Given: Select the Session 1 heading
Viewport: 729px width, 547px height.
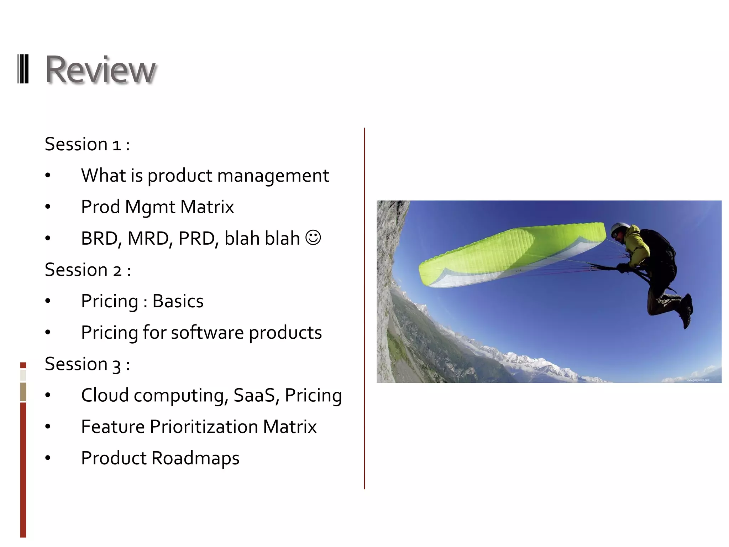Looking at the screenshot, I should (x=87, y=144).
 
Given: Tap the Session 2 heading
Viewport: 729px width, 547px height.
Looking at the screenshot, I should (x=88, y=270).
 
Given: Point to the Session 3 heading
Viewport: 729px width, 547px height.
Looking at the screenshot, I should (x=87, y=364).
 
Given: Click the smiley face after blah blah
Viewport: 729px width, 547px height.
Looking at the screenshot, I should (x=313, y=238).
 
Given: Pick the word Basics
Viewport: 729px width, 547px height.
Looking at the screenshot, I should (x=178, y=301).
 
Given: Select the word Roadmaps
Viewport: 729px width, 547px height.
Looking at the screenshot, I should (x=195, y=458).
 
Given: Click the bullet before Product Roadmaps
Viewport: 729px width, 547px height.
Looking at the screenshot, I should (x=48, y=458).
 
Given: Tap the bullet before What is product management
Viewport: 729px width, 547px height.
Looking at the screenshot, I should (x=48, y=176).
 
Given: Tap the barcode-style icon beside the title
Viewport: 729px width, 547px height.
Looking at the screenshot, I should (x=23, y=69).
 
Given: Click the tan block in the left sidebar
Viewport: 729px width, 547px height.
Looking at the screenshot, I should (x=23, y=391).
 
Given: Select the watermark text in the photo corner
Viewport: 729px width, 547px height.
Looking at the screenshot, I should (x=698, y=380).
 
